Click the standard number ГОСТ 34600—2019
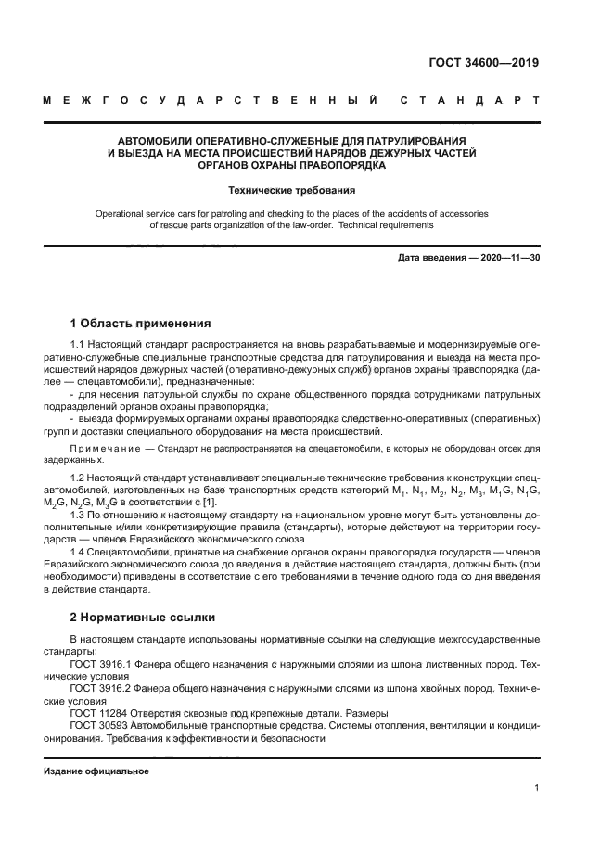[x=483, y=64]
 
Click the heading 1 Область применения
[x=141, y=324]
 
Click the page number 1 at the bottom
[x=537, y=789]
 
